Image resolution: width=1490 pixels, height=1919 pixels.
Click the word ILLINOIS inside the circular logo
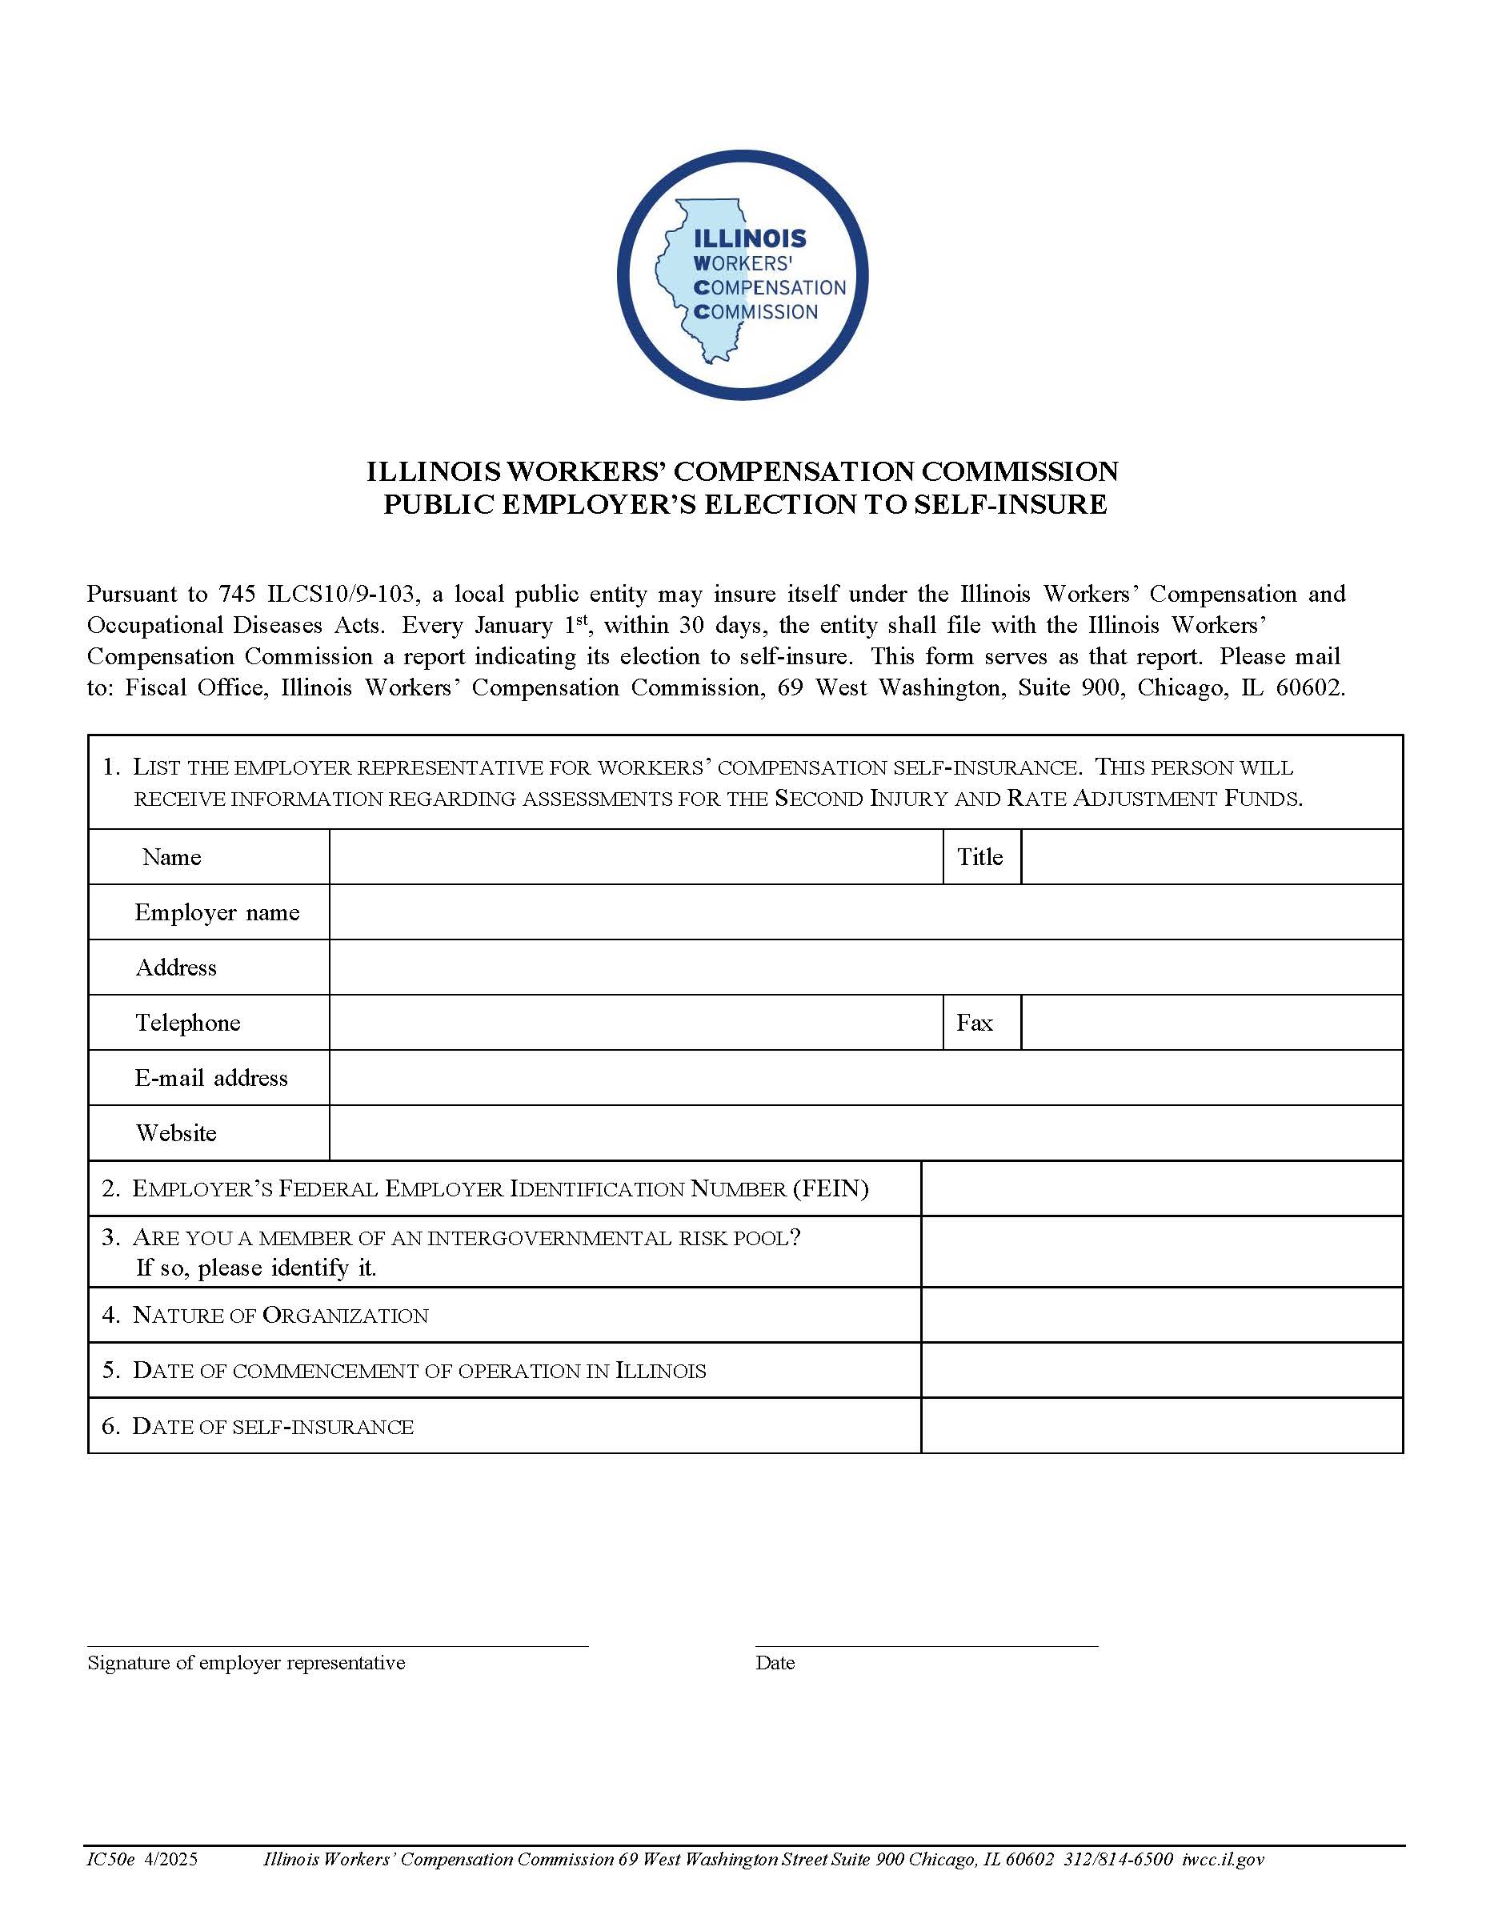pyautogui.click(x=749, y=238)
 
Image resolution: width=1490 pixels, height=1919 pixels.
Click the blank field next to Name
pyautogui.click(x=636, y=857)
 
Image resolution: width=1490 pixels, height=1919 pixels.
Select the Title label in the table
pyautogui.click(x=979, y=857)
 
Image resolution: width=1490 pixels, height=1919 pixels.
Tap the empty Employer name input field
pyautogui.click(x=864, y=912)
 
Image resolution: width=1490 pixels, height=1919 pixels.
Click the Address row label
pyautogui.click(x=176, y=968)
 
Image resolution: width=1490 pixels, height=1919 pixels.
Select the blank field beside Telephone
pyautogui.click(x=636, y=1023)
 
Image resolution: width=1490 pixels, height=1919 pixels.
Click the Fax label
pyautogui.click(x=975, y=1023)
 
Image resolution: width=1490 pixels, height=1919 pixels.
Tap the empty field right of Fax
pyautogui.click(x=1211, y=1023)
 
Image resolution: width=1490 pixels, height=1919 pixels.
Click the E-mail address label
pyautogui.click(x=210, y=1078)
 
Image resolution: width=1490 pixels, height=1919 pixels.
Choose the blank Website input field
pyautogui.click(x=864, y=1133)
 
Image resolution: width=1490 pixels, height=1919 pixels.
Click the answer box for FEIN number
pyautogui.click(x=1160, y=1189)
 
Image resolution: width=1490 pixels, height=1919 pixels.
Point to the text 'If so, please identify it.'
pyautogui.click(x=255, y=1268)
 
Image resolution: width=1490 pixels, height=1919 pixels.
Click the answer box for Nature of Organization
pyautogui.click(x=1160, y=1316)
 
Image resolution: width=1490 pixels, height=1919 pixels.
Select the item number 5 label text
pyautogui.click(x=419, y=1371)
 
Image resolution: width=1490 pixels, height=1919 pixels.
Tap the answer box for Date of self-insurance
pyautogui.click(x=1160, y=1426)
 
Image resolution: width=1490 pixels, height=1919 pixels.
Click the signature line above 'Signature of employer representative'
pyautogui.click(x=338, y=1645)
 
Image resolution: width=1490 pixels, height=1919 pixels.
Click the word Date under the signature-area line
pyautogui.click(x=775, y=1663)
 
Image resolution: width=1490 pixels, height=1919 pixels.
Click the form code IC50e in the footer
pyautogui.click(x=110, y=1859)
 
